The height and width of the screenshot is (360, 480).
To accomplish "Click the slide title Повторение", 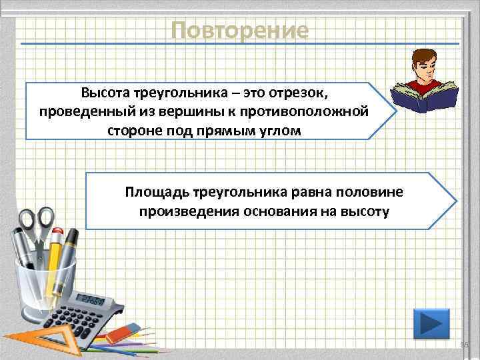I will pyautogui.click(x=239, y=31).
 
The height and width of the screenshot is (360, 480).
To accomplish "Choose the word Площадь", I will pyautogui.click(x=157, y=193).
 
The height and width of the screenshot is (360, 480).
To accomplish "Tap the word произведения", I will pyautogui.click(x=180, y=212).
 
